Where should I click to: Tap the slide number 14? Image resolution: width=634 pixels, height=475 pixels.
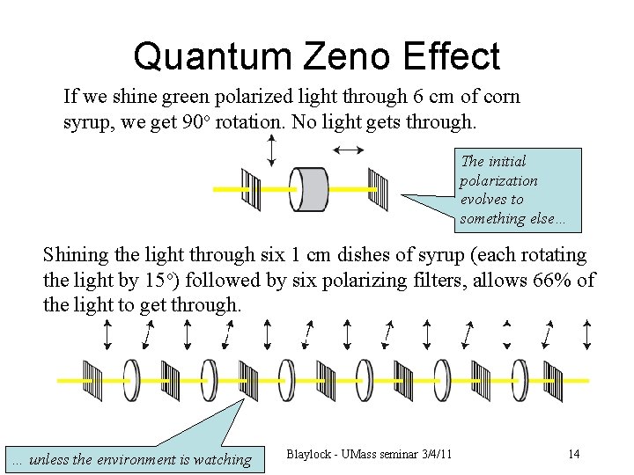click(x=573, y=454)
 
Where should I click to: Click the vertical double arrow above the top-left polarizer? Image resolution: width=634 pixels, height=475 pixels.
click(x=271, y=150)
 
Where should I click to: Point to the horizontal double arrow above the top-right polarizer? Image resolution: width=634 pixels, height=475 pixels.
click(x=350, y=150)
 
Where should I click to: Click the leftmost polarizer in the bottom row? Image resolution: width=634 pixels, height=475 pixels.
click(x=93, y=379)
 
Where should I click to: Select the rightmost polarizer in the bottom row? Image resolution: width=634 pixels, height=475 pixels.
click(x=555, y=379)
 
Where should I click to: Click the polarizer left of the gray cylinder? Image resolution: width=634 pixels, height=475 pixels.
click(x=252, y=189)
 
